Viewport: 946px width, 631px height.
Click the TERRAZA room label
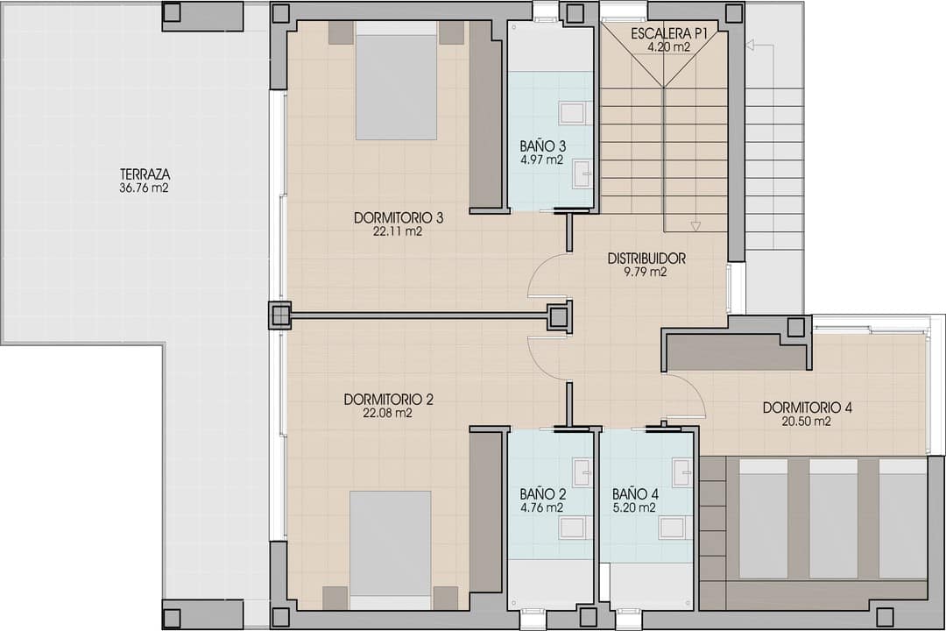(145, 174)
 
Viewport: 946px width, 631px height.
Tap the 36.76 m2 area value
(144, 188)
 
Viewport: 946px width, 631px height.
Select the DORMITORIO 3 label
(399, 217)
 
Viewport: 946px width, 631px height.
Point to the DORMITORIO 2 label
(389, 400)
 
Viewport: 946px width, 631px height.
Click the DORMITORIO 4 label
(808, 408)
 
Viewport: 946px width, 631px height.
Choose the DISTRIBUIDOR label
(646, 259)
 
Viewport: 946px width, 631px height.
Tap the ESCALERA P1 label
(668, 34)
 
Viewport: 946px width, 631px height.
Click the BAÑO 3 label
(543, 146)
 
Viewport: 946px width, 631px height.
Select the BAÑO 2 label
(543, 494)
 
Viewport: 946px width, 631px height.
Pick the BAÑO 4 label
(635, 494)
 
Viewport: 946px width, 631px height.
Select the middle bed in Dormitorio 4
(833, 519)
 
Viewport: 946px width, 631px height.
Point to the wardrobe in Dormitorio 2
(485, 511)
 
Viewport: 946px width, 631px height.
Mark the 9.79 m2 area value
(646, 272)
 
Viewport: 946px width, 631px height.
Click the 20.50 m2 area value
(806, 422)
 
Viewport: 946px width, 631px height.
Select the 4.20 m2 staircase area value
(668, 46)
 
